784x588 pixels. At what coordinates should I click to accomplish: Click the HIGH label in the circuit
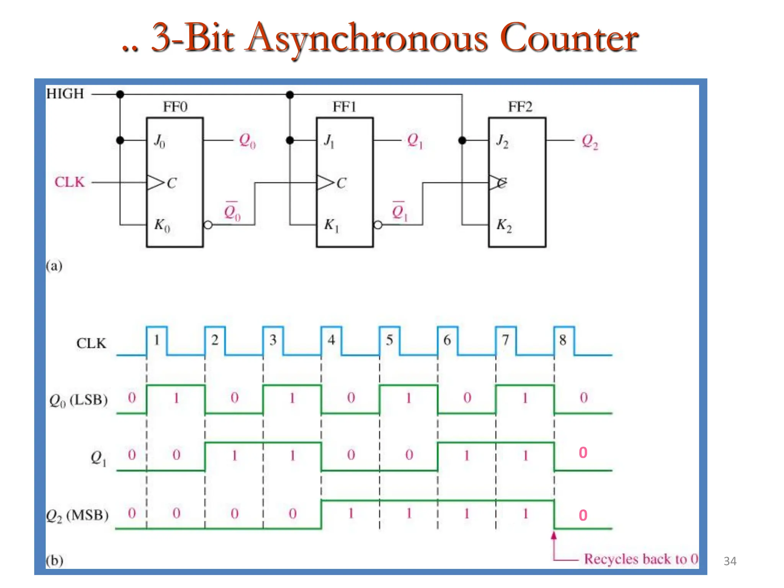(65, 94)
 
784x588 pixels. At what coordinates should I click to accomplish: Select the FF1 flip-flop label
(344, 107)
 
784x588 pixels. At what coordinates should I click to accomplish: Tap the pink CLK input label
(69, 182)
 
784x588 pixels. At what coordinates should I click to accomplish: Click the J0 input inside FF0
(159, 141)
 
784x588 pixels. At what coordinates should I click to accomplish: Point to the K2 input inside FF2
(504, 225)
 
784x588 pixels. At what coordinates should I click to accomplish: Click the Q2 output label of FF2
(590, 141)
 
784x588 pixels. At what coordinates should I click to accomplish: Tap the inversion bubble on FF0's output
(208, 225)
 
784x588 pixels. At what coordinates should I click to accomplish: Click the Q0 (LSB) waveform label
(78, 400)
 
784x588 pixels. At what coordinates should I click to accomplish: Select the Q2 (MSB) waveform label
(77, 515)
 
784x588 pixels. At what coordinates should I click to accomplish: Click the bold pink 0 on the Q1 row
(583, 452)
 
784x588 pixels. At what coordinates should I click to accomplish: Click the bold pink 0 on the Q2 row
(583, 515)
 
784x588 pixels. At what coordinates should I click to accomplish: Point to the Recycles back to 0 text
(641, 559)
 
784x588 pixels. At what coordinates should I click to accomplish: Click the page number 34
(730, 561)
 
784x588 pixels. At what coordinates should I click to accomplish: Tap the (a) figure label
(54, 266)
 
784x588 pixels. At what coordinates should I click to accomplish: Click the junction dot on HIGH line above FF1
(290, 95)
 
